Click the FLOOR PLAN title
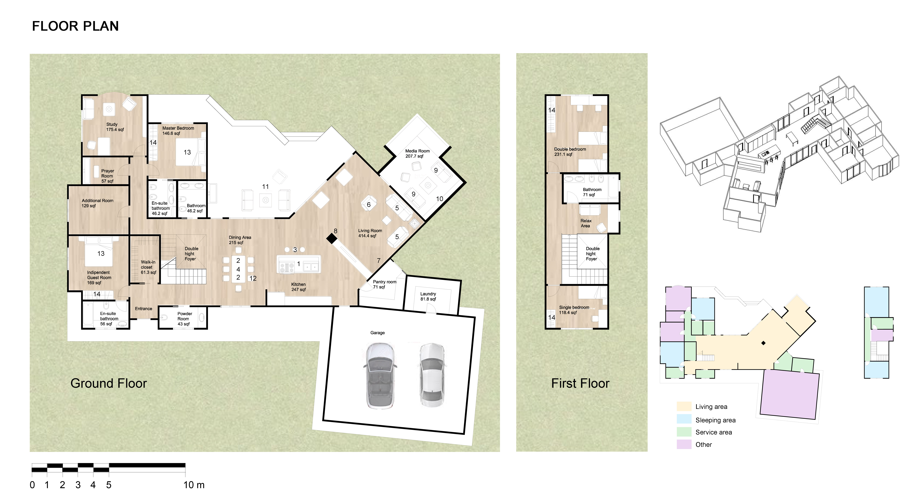[x=75, y=26]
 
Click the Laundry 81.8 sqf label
[x=428, y=296]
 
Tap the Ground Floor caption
[x=108, y=383]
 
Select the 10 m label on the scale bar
[x=194, y=485]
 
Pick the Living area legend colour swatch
[x=684, y=407]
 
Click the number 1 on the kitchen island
[x=299, y=264]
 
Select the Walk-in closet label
[x=148, y=267]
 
